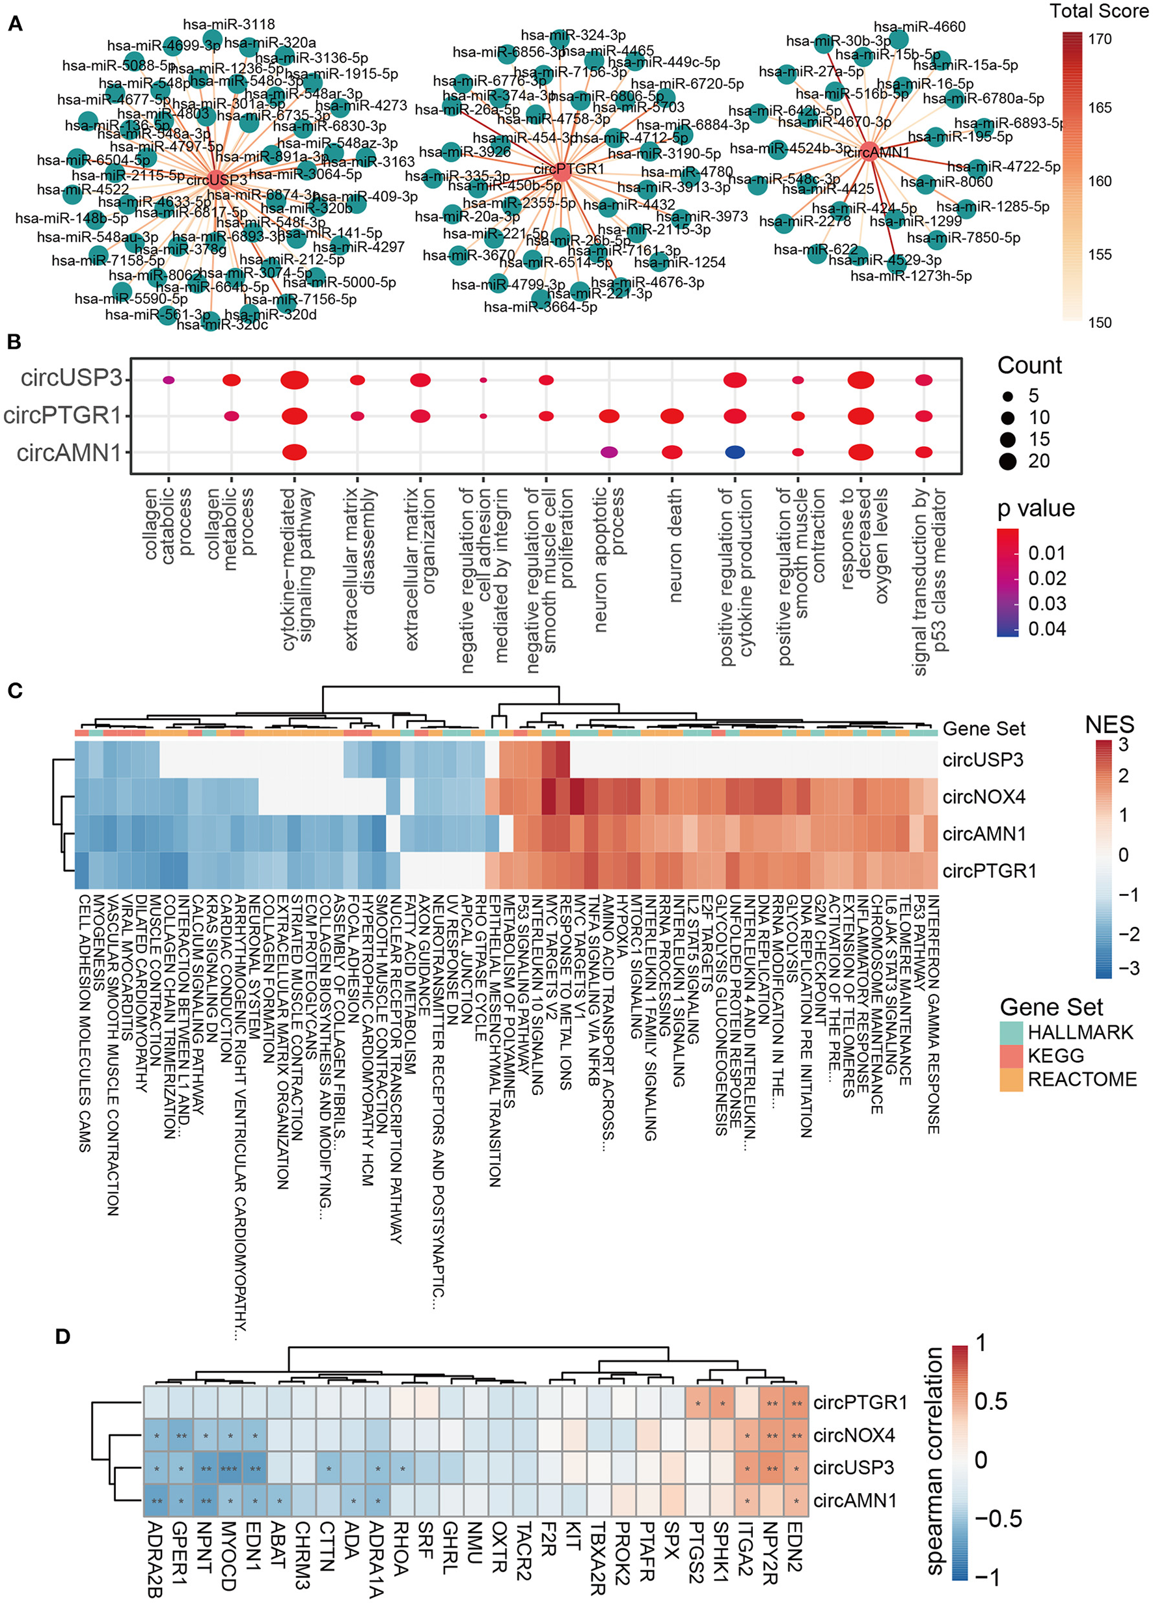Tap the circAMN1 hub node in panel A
(x=870, y=151)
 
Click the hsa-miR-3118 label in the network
(x=228, y=25)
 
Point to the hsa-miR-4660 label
(x=919, y=27)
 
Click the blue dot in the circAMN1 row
(x=735, y=452)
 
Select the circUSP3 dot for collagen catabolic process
(x=169, y=380)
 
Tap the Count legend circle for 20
(x=1008, y=461)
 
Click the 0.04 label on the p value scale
(x=1047, y=628)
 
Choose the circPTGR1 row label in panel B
(x=62, y=416)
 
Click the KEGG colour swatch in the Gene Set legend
(x=1012, y=1056)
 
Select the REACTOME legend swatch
(x=1012, y=1079)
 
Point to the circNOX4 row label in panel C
(x=983, y=797)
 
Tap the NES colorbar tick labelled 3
(x=1123, y=745)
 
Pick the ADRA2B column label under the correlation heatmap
(x=156, y=1560)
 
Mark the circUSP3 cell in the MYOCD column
(x=229, y=1468)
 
